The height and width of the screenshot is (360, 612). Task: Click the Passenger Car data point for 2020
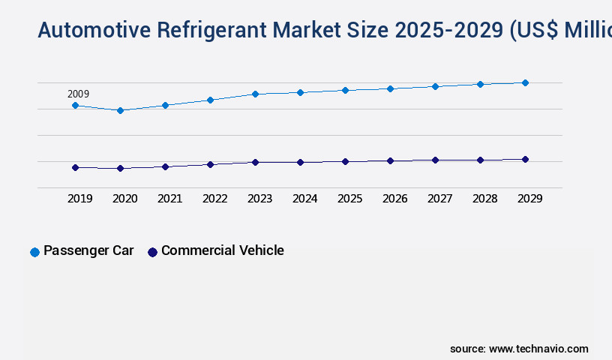click(x=120, y=110)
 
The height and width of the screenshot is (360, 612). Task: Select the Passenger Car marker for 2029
click(x=525, y=82)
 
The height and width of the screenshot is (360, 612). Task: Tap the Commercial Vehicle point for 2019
click(x=75, y=167)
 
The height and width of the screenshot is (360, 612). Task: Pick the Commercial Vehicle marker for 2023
click(x=255, y=162)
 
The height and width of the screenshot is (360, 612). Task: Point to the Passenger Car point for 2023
click(x=255, y=94)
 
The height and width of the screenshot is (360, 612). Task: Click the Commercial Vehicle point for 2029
click(x=525, y=159)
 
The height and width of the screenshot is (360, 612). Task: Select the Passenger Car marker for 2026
click(x=390, y=88)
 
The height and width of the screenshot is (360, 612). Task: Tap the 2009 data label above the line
click(x=78, y=94)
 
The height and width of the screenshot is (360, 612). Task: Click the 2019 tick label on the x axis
click(x=80, y=199)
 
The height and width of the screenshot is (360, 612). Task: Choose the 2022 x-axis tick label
click(x=215, y=199)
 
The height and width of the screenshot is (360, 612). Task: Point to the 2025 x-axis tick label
click(x=350, y=199)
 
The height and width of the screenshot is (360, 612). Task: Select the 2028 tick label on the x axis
click(x=485, y=199)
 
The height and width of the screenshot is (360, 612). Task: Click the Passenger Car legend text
click(x=88, y=250)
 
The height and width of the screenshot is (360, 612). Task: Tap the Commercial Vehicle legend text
click(x=222, y=250)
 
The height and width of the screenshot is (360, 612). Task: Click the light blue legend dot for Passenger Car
click(x=34, y=252)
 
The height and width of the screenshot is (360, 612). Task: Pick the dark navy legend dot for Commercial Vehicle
click(x=152, y=252)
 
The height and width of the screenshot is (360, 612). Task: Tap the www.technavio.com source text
click(x=538, y=349)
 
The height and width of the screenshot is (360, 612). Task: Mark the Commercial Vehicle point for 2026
click(x=390, y=160)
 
